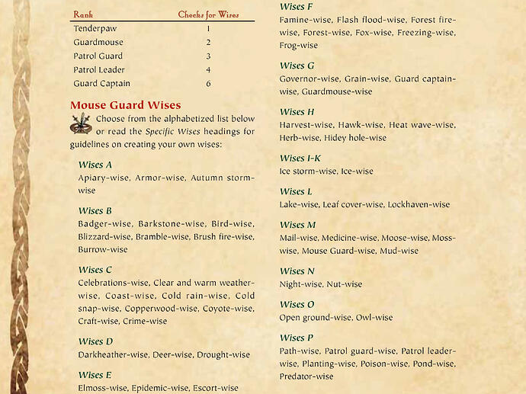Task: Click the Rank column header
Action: point(82,14)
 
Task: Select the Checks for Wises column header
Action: point(207,14)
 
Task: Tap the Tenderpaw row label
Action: point(95,28)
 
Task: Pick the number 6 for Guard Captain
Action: point(208,84)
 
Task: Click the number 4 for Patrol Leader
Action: point(208,70)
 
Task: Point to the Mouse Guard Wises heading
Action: point(125,105)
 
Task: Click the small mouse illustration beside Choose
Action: point(81,123)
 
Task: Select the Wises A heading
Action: point(95,165)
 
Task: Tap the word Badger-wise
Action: point(105,224)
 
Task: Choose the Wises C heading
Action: point(95,270)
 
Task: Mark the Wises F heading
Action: point(297,7)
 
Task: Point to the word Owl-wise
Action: point(374,317)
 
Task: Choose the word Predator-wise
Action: point(306,376)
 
